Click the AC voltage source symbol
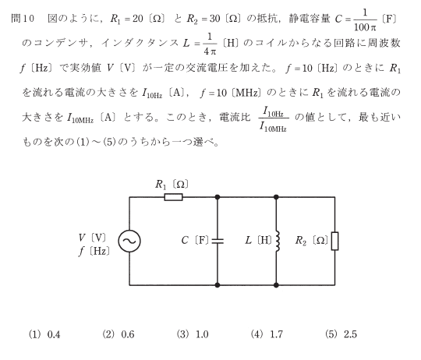pyautogui.click(x=129, y=241)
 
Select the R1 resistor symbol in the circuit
pyautogui.click(x=173, y=197)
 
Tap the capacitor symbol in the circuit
pyautogui.click(x=218, y=241)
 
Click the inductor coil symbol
pyautogui.click(x=278, y=241)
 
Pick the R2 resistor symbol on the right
pyautogui.click(x=334, y=241)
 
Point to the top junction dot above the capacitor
pyautogui.click(x=218, y=197)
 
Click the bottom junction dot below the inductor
pyautogui.click(x=276, y=285)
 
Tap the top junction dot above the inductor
pyautogui.click(x=276, y=197)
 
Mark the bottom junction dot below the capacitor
pyautogui.click(x=218, y=285)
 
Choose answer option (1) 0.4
pyautogui.click(x=44, y=334)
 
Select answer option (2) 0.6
pyautogui.click(x=119, y=334)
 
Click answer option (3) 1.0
pyautogui.click(x=193, y=334)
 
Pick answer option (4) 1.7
pyautogui.click(x=267, y=334)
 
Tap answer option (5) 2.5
pyautogui.click(x=341, y=334)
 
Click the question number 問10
pyautogui.click(x=23, y=18)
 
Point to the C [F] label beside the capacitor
pyautogui.click(x=195, y=240)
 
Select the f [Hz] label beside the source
pyautogui.click(x=94, y=251)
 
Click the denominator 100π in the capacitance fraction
pyautogui.click(x=365, y=26)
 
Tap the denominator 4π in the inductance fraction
pyautogui.click(x=210, y=51)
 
